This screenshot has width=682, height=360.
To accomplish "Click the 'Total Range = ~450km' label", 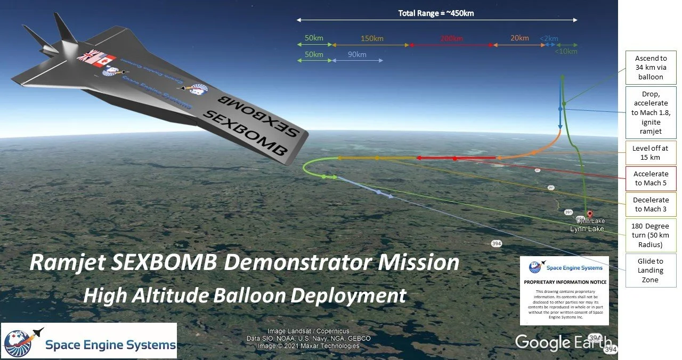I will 436,13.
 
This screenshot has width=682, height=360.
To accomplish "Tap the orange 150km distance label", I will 371,38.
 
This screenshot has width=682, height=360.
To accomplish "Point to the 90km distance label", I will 356,54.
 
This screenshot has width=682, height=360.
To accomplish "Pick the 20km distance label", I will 519,38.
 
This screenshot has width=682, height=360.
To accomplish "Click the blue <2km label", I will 549,38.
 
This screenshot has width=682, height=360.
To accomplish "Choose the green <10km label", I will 565,52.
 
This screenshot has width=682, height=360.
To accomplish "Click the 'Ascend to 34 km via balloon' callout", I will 651,68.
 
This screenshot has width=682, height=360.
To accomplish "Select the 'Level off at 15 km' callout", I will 651,153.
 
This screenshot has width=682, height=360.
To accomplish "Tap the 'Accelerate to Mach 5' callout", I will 651,178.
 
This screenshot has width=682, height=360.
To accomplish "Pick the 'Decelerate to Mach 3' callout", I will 651,204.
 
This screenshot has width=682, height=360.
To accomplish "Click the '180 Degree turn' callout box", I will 651,235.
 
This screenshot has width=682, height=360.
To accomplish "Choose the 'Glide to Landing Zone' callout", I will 651,271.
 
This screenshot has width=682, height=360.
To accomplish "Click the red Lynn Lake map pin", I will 589,215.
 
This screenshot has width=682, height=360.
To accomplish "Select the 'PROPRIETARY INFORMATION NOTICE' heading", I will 565,282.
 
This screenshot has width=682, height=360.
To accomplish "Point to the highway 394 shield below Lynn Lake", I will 497,243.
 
